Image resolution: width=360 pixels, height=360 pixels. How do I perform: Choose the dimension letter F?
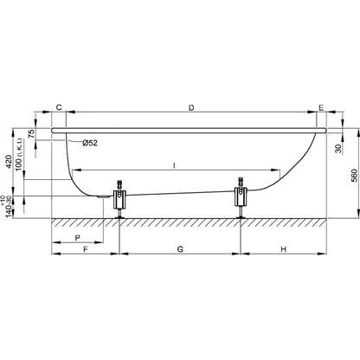tap(85, 249)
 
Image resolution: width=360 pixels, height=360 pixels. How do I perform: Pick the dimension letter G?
tap(179, 249)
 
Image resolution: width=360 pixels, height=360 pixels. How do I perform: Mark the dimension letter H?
tap(283, 249)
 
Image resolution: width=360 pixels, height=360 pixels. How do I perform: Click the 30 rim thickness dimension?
tap(337, 149)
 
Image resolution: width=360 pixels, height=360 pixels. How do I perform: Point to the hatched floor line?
tap(190, 220)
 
